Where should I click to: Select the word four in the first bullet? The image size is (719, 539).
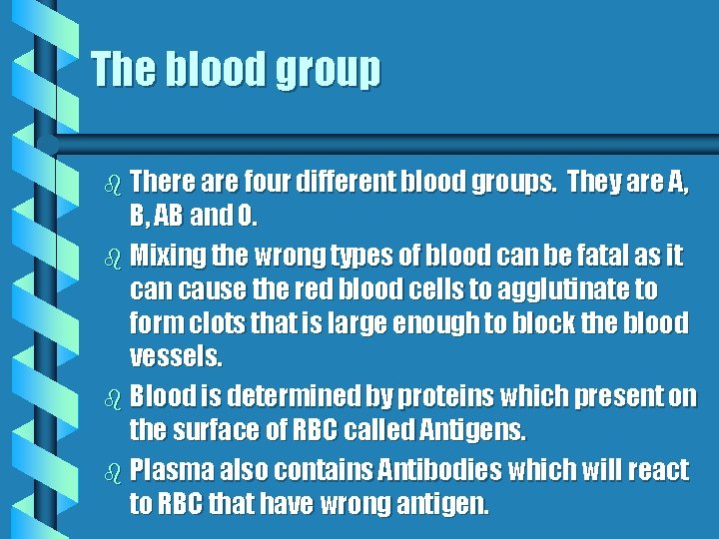(269, 182)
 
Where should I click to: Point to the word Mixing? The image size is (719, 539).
(166, 257)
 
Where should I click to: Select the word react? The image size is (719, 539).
(659, 470)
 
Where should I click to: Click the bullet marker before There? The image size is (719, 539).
(112, 184)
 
